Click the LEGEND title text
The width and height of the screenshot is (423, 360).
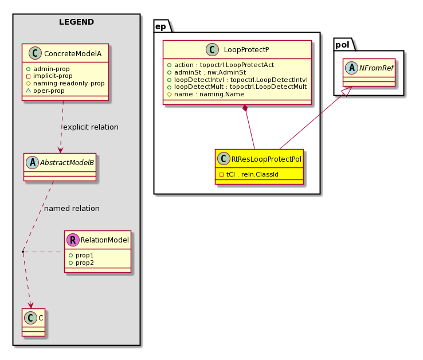[76, 22]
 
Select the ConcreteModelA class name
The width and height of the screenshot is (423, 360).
[73, 54]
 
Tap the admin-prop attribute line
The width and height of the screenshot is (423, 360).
[48, 69]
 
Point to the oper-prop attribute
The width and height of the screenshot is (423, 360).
[45, 91]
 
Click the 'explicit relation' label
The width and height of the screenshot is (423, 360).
[91, 127]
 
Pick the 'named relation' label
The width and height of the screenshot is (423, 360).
[72, 208]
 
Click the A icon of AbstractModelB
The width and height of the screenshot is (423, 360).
[32, 162]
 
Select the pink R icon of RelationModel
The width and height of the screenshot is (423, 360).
[73, 240]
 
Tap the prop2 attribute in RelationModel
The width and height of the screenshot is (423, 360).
[81, 263]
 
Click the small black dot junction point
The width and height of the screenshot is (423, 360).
[23, 252]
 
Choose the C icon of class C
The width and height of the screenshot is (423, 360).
[30, 318]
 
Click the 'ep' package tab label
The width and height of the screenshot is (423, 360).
[160, 27]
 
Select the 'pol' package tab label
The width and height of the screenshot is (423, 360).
[342, 45]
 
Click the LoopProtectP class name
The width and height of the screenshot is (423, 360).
[246, 50]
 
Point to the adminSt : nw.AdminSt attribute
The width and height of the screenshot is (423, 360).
[207, 72]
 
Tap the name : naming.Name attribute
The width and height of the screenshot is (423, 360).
[206, 94]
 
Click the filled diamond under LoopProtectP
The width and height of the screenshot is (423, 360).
[245, 108]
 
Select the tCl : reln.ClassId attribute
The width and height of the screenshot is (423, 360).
[249, 174]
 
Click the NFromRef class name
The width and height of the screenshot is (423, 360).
[376, 68]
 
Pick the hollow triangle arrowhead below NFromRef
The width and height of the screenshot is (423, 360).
[347, 91]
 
